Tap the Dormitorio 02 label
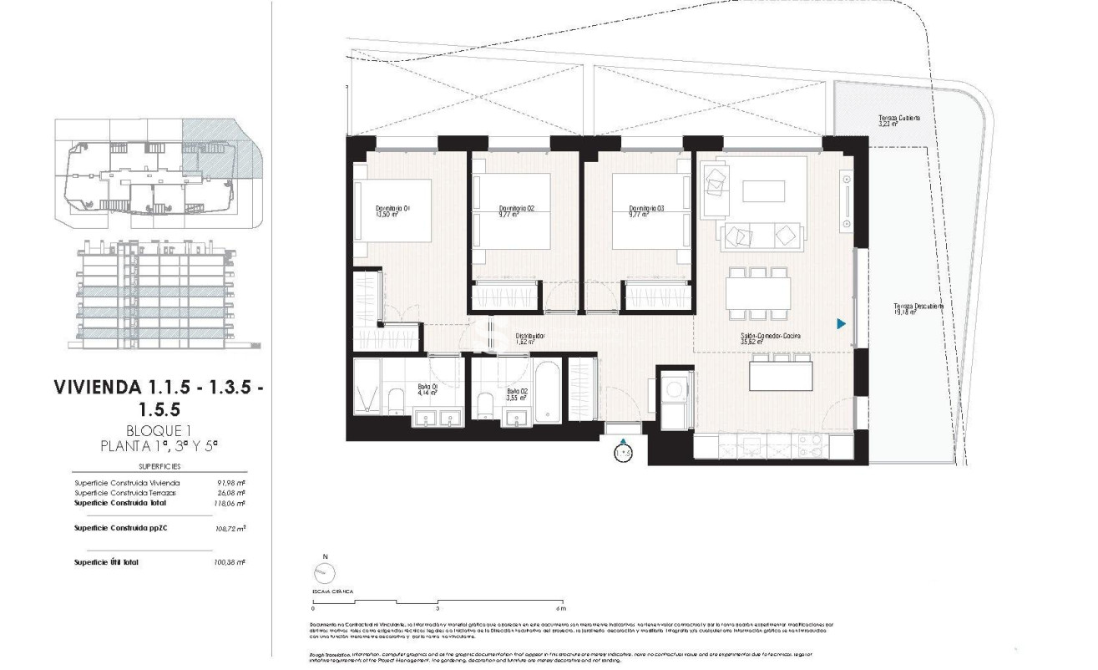pyautogui.click(x=515, y=208)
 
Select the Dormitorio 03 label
pyautogui.click(x=645, y=208)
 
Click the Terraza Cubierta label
pyautogui.click(x=898, y=119)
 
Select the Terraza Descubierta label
pyautogui.click(x=918, y=307)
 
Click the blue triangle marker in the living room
pyautogui.click(x=842, y=323)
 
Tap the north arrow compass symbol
pyautogui.click(x=323, y=572)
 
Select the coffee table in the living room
pyautogui.click(x=763, y=191)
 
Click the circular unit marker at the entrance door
pyautogui.click(x=623, y=453)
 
